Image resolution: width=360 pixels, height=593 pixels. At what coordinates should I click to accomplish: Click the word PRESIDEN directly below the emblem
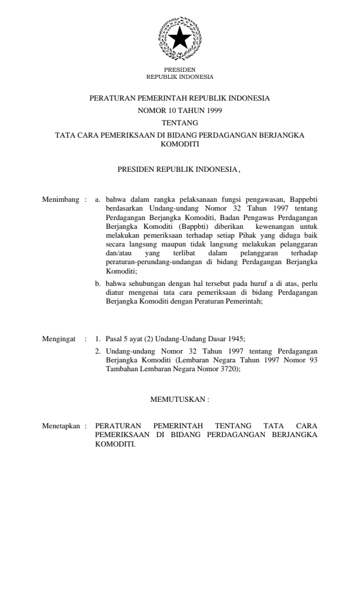coord(179,70)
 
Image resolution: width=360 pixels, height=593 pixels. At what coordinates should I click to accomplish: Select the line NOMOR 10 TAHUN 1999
coord(179,111)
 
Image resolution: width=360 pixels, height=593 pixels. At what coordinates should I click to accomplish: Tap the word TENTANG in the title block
coord(179,122)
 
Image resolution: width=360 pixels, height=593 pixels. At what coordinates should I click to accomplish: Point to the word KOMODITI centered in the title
coord(179,143)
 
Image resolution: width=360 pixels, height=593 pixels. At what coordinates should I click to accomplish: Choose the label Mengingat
coord(60,339)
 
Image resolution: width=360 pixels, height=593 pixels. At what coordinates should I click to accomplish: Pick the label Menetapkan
coord(61,424)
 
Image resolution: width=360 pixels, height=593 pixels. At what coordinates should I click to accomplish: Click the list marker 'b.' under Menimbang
coord(98,283)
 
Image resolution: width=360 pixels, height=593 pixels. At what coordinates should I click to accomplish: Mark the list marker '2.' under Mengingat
coord(98,351)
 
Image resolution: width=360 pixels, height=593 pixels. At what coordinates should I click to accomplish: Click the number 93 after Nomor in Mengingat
coord(313,360)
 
